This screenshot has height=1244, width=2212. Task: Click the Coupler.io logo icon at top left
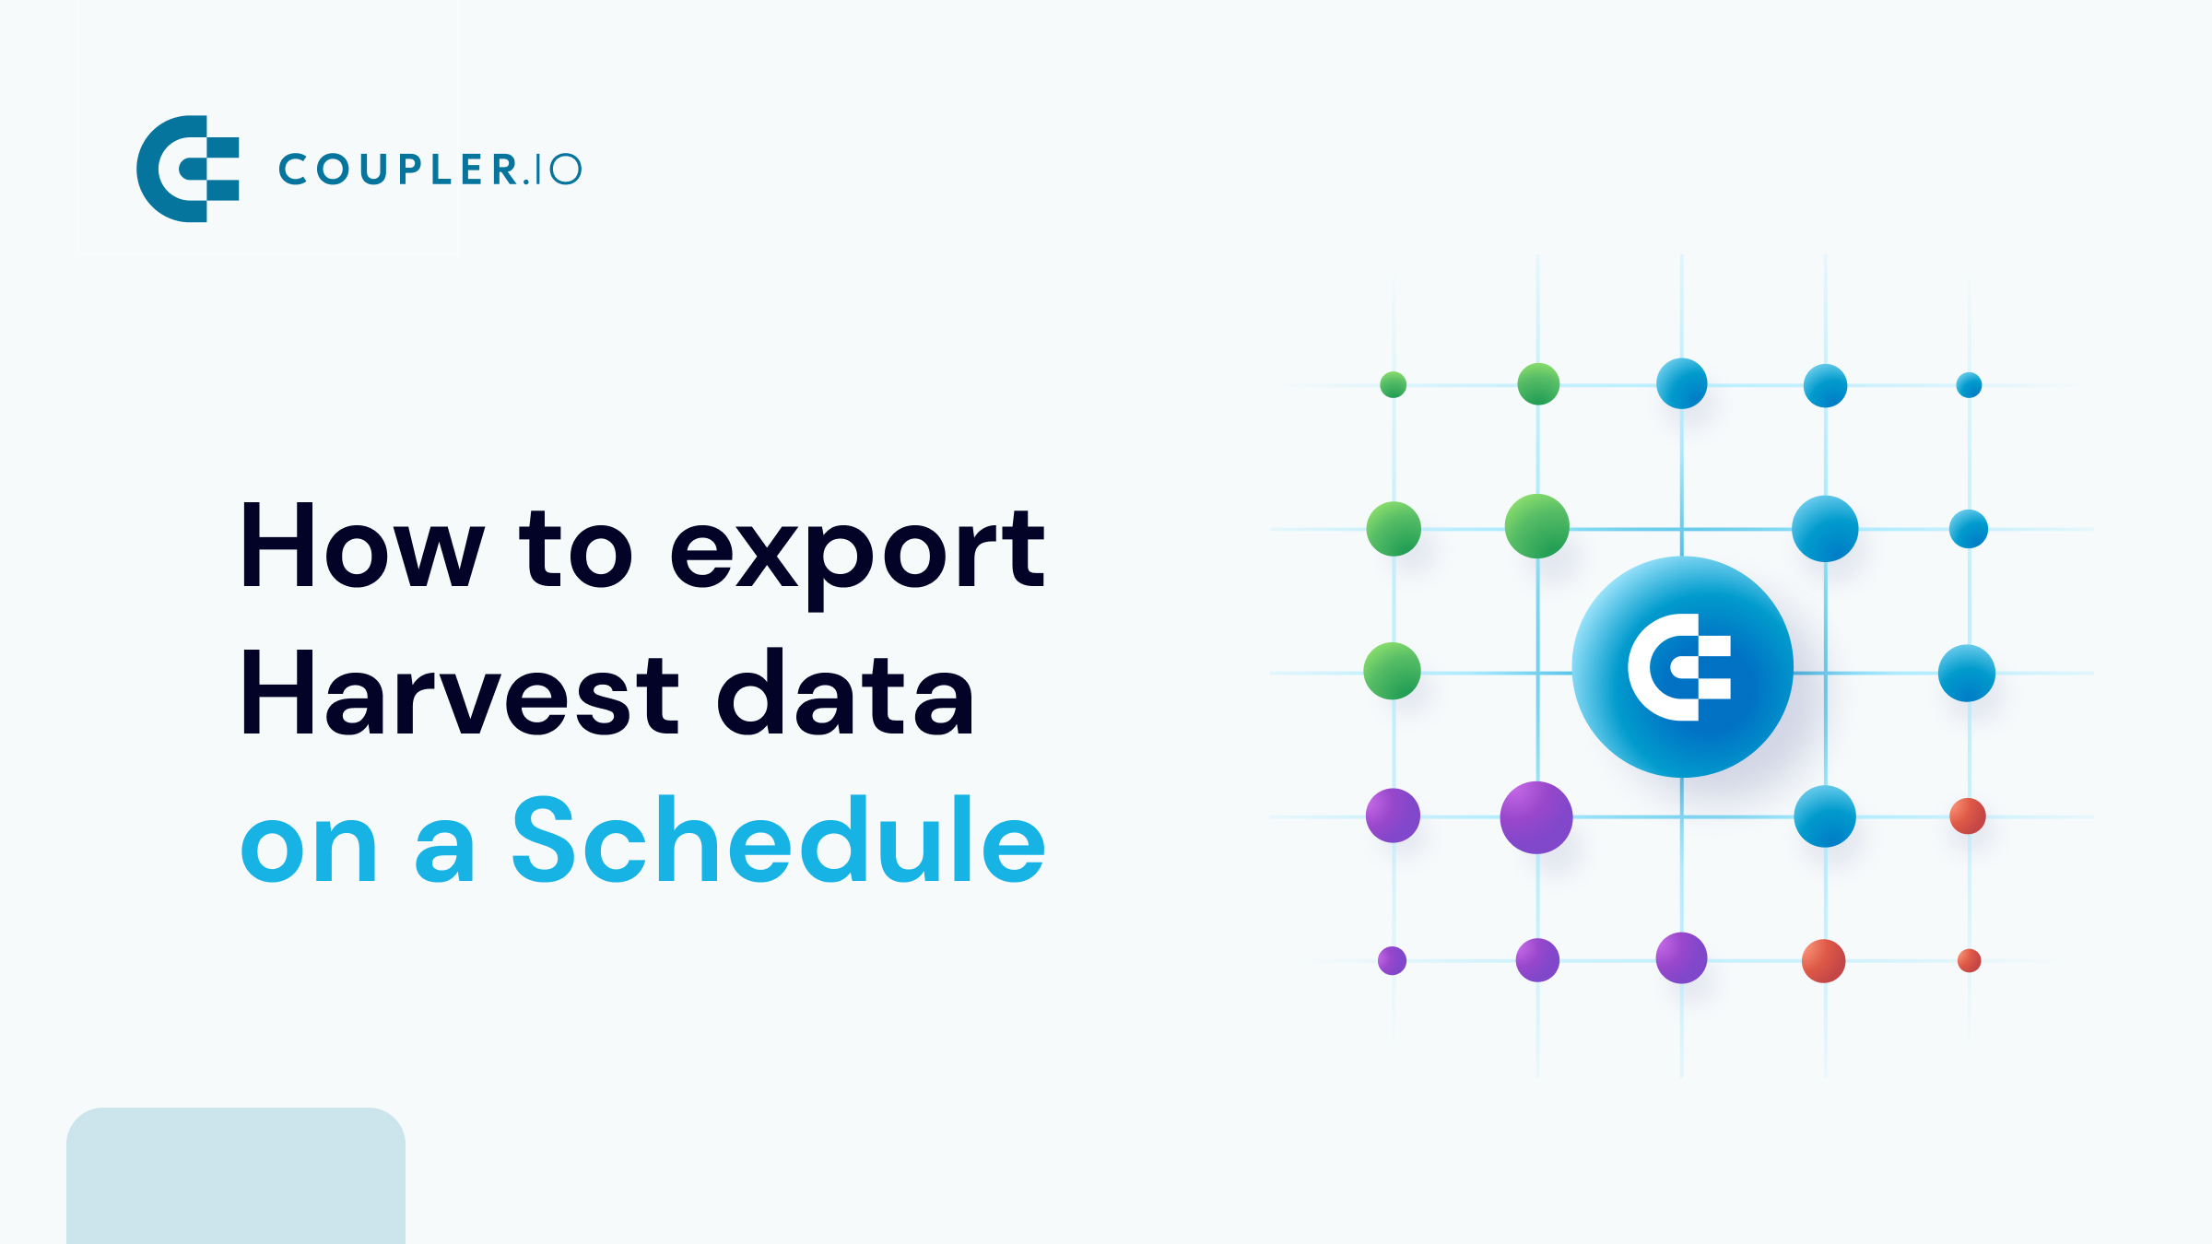pos(188,169)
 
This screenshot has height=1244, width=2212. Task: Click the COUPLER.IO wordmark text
pos(429,170)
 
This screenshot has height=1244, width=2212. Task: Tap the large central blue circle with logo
pos(1682,667)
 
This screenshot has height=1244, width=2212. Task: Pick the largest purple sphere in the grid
pos(1535,817)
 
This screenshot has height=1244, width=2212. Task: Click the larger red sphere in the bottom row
pos(1823,961)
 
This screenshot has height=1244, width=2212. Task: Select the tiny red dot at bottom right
pos(1969,961)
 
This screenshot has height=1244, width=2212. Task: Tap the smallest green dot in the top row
pos(1393,384)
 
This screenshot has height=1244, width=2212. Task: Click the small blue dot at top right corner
pos(1969,384)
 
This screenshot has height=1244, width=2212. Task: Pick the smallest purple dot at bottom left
pos(1392,960)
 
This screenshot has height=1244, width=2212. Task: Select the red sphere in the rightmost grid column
pos(1968,816)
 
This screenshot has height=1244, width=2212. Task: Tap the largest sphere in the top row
pos(1681,383)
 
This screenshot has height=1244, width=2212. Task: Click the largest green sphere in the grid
pos(1536,526)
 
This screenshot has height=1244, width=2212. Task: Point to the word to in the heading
pos(575,549)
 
